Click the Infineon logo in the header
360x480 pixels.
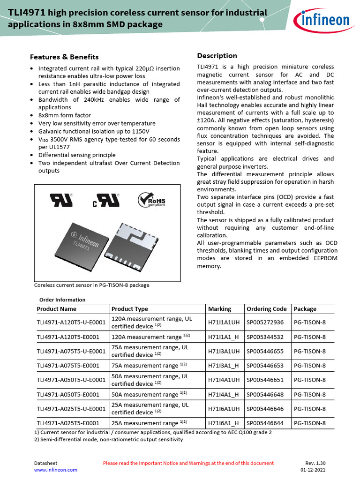(322, 20)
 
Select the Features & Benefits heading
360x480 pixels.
(64, 57)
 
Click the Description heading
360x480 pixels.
(217, 56)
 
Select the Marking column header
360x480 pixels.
(219, 309)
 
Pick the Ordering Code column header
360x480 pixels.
(266, 309)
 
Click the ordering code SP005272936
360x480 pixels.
(265, 322)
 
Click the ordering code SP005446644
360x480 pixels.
(265, 423)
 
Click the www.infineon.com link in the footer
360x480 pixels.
(56, 470)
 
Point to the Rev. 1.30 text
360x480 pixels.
(315, 463)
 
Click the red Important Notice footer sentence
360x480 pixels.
(188, 463)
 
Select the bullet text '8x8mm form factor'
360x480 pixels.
(65, 115)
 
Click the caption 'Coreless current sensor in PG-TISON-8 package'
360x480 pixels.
(92, 285)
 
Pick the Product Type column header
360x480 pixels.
(129, 309)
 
